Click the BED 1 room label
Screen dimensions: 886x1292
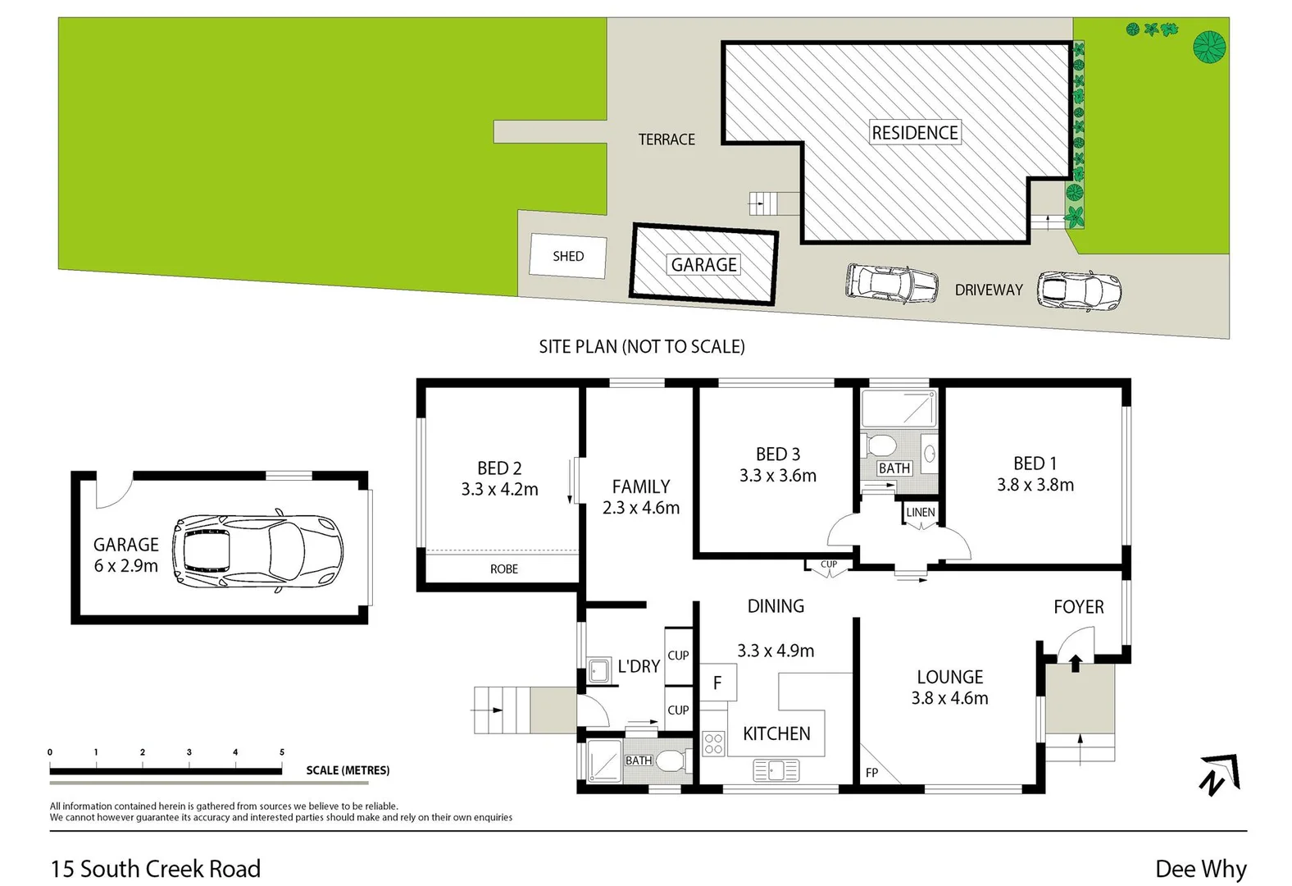click(1035, 464)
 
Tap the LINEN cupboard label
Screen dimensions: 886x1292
click(920, 512)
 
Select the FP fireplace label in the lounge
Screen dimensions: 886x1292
click(871, 773)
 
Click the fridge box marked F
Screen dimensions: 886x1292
click(717, 683)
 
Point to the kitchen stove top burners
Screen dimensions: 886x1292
click(713, 743)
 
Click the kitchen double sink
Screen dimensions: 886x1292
click(776, 770)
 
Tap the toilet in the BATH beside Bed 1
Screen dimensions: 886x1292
click(881, 445)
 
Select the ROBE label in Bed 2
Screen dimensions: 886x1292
click(503, 569)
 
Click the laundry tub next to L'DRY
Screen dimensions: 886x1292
click(598, 669)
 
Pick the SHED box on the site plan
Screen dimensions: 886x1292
click(568, 256)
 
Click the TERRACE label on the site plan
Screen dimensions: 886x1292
click(666, 139)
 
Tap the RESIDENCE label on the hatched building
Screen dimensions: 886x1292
click(914, 133)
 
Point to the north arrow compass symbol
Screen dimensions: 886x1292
click(1219, 774)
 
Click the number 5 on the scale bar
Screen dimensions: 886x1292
click(282, 751)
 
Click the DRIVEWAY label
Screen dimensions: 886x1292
click(988, 290)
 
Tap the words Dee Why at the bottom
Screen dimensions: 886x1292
click(1200, 869)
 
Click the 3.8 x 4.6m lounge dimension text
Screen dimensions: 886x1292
click(949, 698)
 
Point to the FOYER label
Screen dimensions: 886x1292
click(1078, 606)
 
